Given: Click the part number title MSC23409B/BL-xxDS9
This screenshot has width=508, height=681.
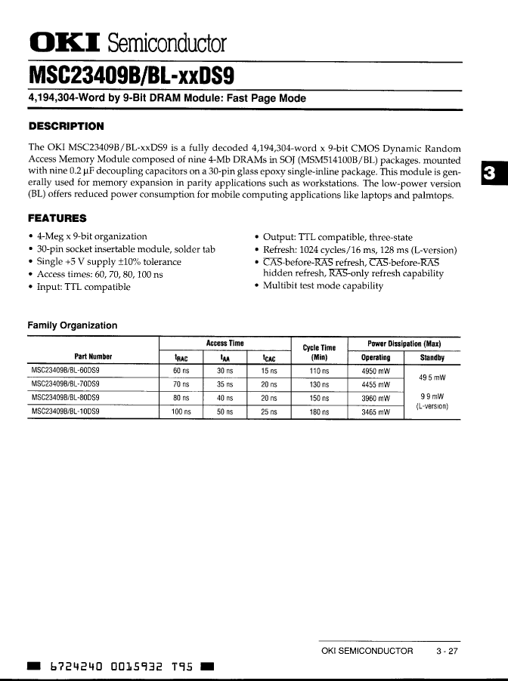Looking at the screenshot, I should pyautogui.click(x=132, y=76).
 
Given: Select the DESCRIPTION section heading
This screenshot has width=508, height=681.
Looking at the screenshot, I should pyautogui.click(x=66, y=126).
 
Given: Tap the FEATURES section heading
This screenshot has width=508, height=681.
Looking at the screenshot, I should pyautogui.click(x=57, y=219).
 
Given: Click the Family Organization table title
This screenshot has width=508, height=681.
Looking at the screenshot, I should pyautogui.click(x=73, y=325).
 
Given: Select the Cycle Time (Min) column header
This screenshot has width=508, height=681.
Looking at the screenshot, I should pyautogui.click(x=318, y=353).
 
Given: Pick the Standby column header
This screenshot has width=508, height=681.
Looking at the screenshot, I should pyautogui.click(x=432, y=358).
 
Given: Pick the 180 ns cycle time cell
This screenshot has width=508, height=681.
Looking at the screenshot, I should pyautogui.click(x=319, y=412).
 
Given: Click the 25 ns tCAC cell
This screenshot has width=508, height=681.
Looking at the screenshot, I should pyautogui.click(x=269, y=412).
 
